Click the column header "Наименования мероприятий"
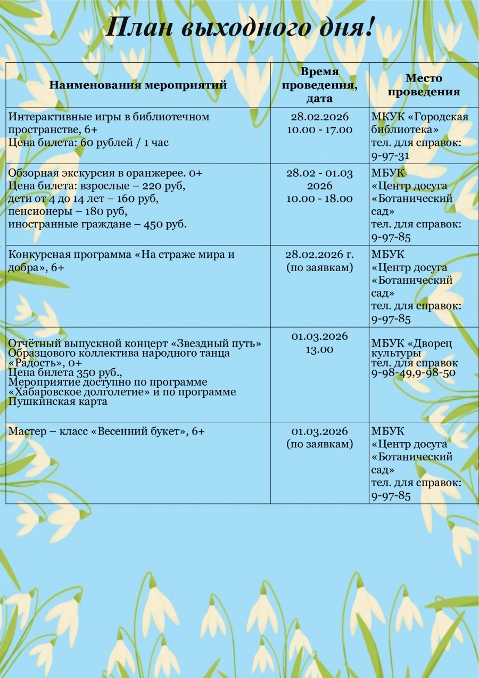[138, 85]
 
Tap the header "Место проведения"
[424, 85]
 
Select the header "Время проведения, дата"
[319, 85]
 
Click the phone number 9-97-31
[391, 156]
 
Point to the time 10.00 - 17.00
[319, 130]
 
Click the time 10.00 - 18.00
[319, 199]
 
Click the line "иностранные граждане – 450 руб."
[97, 224]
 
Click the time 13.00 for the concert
[319, 350]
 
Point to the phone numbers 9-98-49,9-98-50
[413, 373]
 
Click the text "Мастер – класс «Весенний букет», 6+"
[106, 431]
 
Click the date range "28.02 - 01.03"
[319, 173]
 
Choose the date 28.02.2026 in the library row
[319, 117]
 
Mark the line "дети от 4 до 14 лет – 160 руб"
[84, 199]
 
